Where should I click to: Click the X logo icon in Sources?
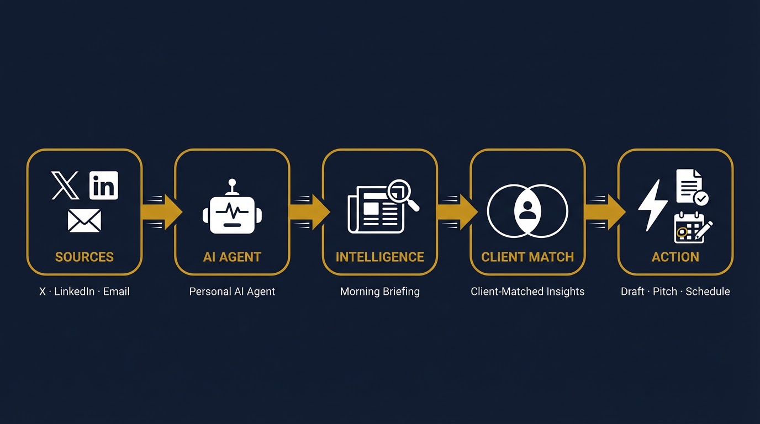(x=65, y=185)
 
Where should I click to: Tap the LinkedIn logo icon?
(x=103, y=185)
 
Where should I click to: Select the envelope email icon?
(x=85, y=220)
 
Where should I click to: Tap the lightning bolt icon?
(x=653, y=205)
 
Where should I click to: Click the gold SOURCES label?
(x=85, y=257)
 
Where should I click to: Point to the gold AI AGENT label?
(x=232, y=257)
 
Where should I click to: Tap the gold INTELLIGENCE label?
(x=380, y=257)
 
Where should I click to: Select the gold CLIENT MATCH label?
(x=527, y=257)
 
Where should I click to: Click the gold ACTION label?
(x=675, y=257)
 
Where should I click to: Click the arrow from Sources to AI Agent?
(x=162, y=211)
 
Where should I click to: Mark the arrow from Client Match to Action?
(x=605, y=211)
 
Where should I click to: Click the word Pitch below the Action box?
(x=665, y=291)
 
